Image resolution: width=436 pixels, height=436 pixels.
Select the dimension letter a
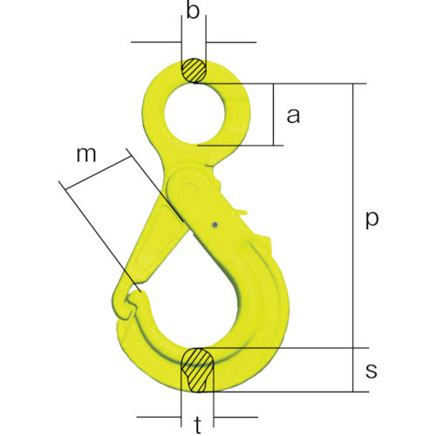point(294,114)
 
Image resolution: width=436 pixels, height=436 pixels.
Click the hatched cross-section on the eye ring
point(194,71)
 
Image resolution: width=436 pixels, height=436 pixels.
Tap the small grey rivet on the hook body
point(215,226)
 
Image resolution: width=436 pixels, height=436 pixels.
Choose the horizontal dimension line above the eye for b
point(194,41)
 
